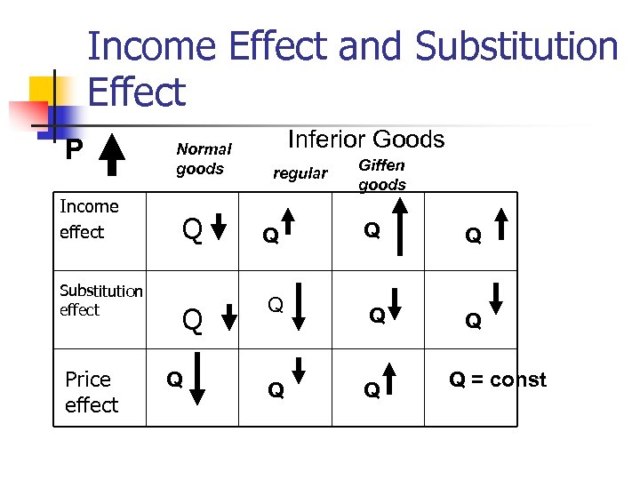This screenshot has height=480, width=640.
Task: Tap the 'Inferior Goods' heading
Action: [x=366, y=140]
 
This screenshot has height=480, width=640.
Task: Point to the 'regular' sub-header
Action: [x=300, y=172]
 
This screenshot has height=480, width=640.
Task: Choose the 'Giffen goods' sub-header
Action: [x=381, y=175]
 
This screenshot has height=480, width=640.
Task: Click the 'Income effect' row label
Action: [x=88, y=219]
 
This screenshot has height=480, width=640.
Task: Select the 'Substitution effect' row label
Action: [x=100, y=300]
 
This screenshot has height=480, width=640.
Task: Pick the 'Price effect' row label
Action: [x=91, y=392]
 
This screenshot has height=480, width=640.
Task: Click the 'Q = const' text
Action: [x=497, y=380]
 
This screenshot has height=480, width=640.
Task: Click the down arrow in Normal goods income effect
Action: [x=226, y=228]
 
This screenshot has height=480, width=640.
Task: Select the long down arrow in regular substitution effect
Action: [x=299, y=308]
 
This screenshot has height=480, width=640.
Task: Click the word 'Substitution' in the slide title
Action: [x=516, y=46]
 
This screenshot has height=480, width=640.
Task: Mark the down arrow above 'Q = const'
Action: [x=496, y=296]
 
